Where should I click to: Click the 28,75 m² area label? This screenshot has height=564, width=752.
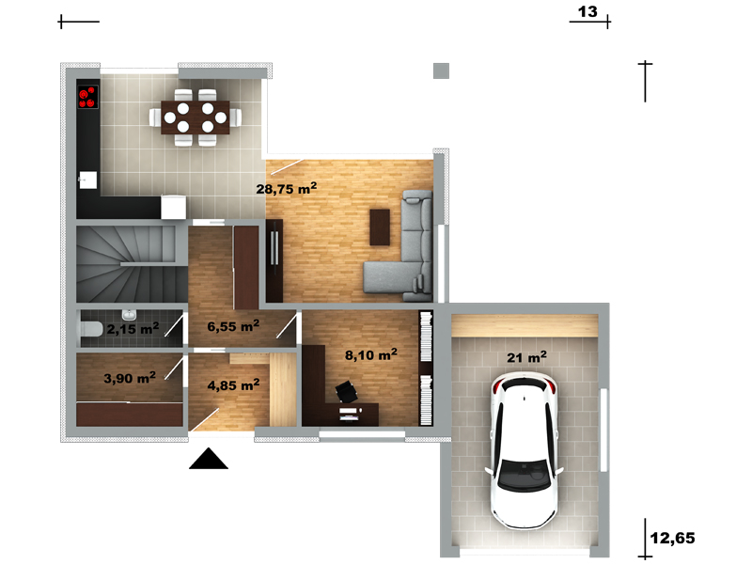(287, 188)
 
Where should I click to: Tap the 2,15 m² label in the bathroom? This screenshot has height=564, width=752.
(133, 328)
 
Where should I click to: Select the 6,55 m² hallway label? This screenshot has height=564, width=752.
(233, 326)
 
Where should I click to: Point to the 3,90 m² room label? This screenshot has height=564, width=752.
(130, 378)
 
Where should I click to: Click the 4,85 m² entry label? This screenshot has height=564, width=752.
(233, 385)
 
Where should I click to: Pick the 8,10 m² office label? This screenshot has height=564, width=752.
(370, 355)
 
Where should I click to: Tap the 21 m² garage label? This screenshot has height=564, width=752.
(526, 357)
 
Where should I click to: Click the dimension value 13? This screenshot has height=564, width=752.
(587, 11)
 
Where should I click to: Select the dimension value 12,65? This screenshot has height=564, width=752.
(672, 538)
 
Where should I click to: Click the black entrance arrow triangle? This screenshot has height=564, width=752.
(208, 459)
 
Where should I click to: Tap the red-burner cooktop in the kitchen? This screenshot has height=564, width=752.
(87, 97)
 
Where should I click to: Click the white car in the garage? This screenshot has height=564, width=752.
(524, 451)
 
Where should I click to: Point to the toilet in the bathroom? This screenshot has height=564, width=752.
(90, 329)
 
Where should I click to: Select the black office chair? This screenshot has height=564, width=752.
(346, 391)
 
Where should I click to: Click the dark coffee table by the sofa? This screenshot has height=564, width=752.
(380, 227)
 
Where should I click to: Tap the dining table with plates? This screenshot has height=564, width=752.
(196, 117)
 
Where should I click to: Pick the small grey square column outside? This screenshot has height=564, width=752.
(441, 71)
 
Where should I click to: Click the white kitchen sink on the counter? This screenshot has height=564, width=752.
(87, 180)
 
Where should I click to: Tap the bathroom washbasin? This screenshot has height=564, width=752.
(129, 315)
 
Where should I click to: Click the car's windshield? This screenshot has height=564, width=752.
(524, 476)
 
